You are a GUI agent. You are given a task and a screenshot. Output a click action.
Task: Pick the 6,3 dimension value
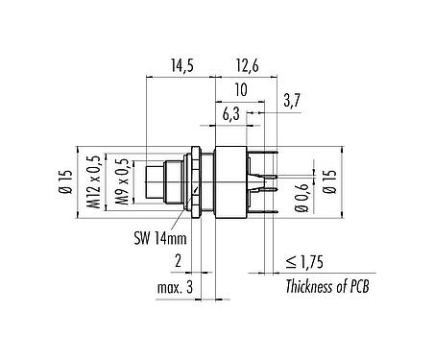click(x=230, y=114)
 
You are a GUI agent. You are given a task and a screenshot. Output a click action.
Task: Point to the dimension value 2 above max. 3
click(x=179, y=260)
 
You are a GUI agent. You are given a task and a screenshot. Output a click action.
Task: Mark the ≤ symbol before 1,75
click(x=290, y=260)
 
